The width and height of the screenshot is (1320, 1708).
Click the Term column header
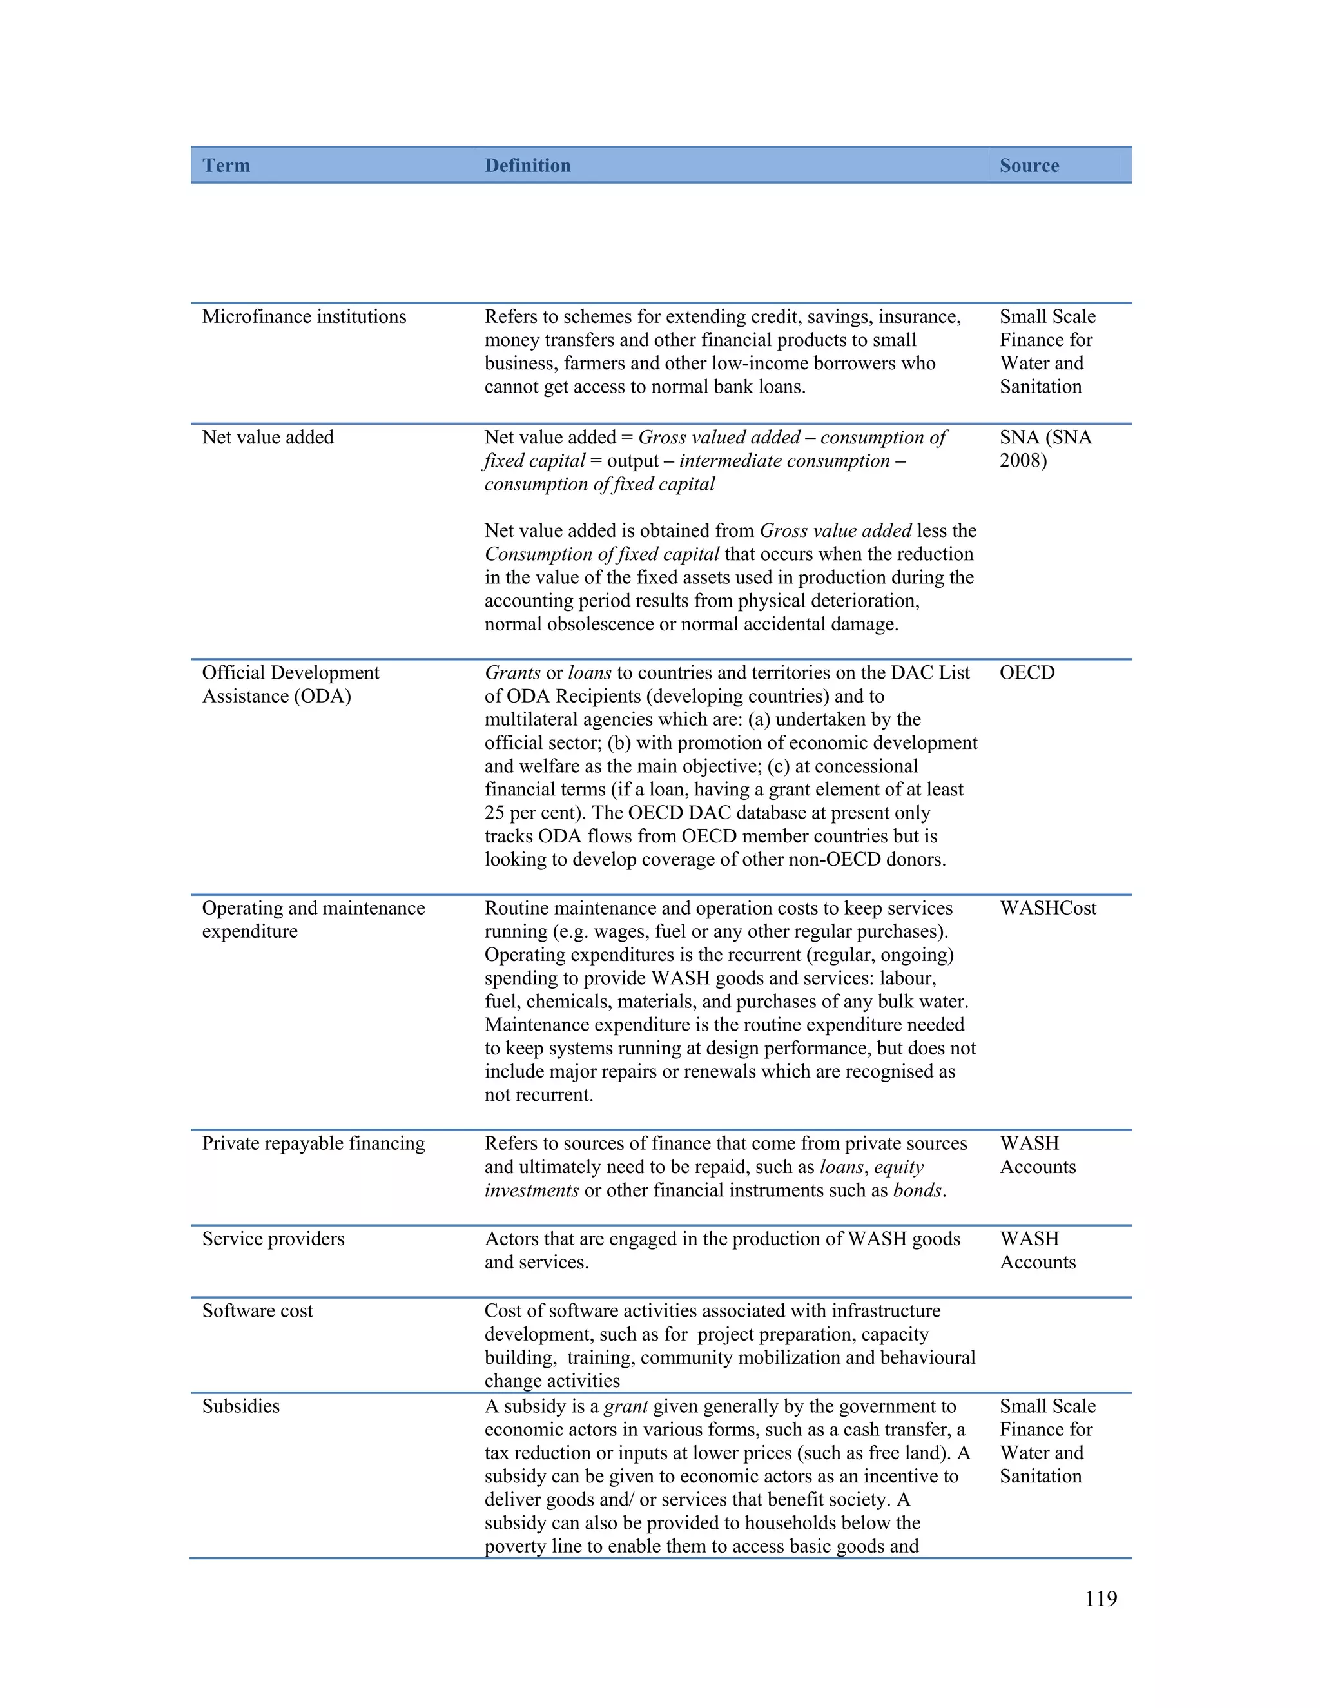[226, 166]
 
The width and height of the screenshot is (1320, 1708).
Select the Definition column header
[527, 166]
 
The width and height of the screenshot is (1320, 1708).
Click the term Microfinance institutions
[304, 316]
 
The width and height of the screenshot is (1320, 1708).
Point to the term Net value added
[267, 437]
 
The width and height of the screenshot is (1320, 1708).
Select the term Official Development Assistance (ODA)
[290, 684]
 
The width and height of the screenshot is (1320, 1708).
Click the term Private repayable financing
[313, 1143]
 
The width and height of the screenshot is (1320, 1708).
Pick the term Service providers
[273, 1239]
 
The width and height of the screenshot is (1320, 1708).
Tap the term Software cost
[257, 1311]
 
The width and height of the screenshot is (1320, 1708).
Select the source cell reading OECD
[1027, 672]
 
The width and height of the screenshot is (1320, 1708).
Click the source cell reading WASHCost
[1048, 908]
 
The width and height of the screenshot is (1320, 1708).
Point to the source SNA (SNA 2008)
[1045, 449]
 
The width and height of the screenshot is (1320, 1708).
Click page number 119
[1100, 1598]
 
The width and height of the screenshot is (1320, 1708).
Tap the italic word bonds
[917, 1190]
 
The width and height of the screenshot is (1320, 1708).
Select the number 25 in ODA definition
[495, 813]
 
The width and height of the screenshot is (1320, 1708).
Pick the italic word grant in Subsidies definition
[626, 1406]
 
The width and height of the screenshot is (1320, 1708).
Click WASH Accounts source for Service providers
[1037, 1250]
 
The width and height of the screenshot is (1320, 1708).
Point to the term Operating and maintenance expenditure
[313, 920]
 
